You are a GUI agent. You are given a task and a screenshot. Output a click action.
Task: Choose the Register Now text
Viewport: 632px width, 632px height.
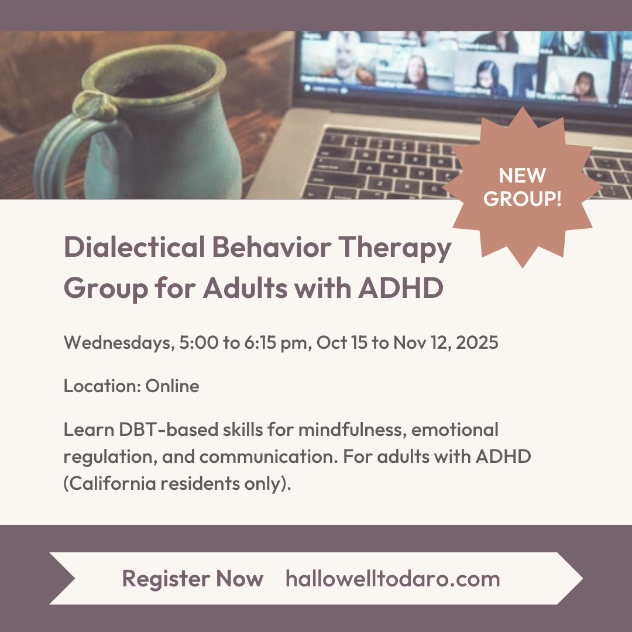tap(193, 579)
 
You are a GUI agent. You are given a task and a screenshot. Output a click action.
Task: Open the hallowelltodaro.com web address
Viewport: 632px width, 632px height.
tap(393, 579)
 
